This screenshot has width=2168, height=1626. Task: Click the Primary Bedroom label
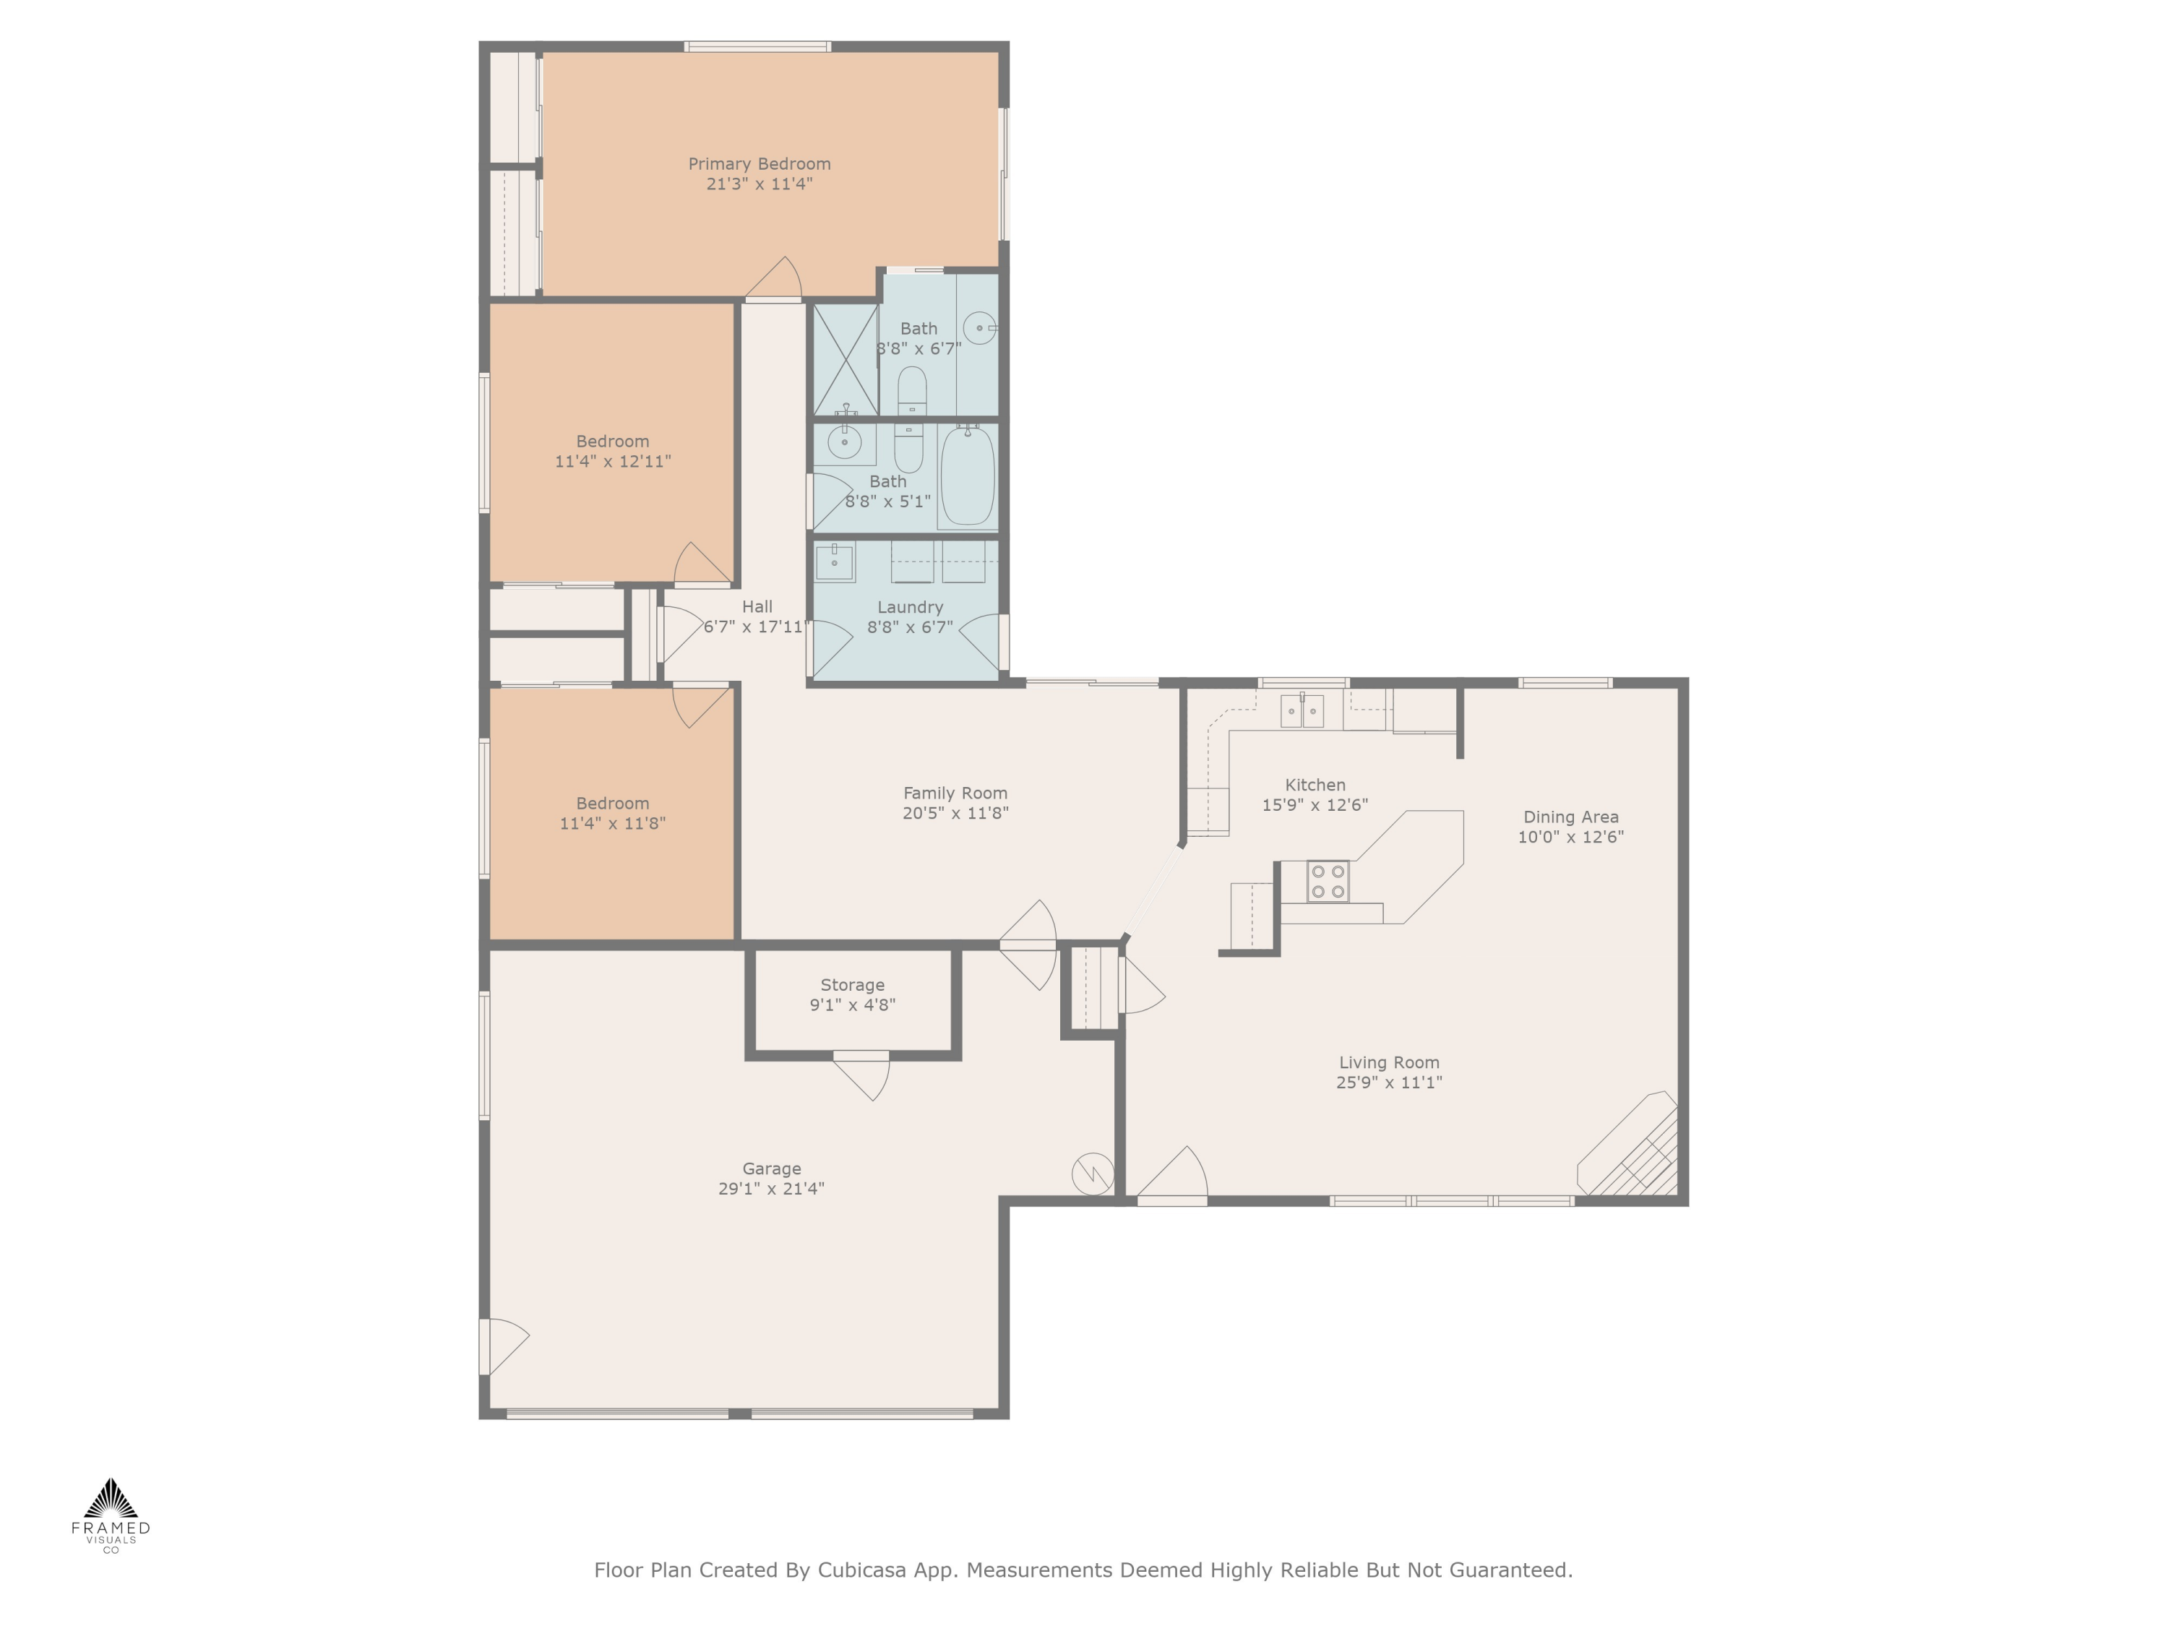(x=759, y=163)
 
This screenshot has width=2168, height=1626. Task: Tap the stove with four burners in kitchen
(x=1327, y=880)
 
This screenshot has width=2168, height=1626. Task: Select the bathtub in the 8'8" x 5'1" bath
(x=968, y=477)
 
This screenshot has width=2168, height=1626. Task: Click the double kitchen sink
(x=1302, y=710)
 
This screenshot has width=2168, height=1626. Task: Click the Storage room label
(x=852, y=985)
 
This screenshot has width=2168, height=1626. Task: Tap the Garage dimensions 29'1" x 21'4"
(x=770, y=1189)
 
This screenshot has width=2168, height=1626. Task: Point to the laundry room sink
(x=834, y=562)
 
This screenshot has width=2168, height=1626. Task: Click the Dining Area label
(x=1570, y=817)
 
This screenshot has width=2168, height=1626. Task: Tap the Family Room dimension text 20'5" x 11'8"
(x=955, y=812)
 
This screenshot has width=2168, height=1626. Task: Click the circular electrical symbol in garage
(x=1092, y=1174)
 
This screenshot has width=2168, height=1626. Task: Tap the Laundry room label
(x=910, y=607)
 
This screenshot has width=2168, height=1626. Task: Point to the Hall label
(x=757, y=607)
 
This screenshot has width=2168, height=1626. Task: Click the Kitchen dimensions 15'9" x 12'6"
(x=1315, y=804)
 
